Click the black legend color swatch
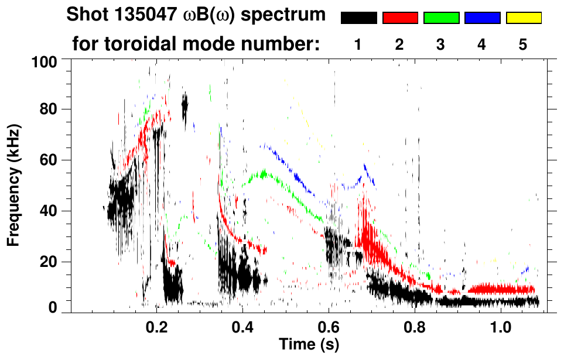(358, 18)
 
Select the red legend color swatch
(400, 18)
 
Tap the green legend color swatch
(441, 18)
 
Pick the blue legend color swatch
(482, 18)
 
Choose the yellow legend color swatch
(524, 18)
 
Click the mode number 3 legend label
(441, 44)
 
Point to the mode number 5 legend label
(524, 44)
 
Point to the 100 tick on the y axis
(45, 61)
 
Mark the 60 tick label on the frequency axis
(49, 160)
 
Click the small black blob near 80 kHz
(185, 107)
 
